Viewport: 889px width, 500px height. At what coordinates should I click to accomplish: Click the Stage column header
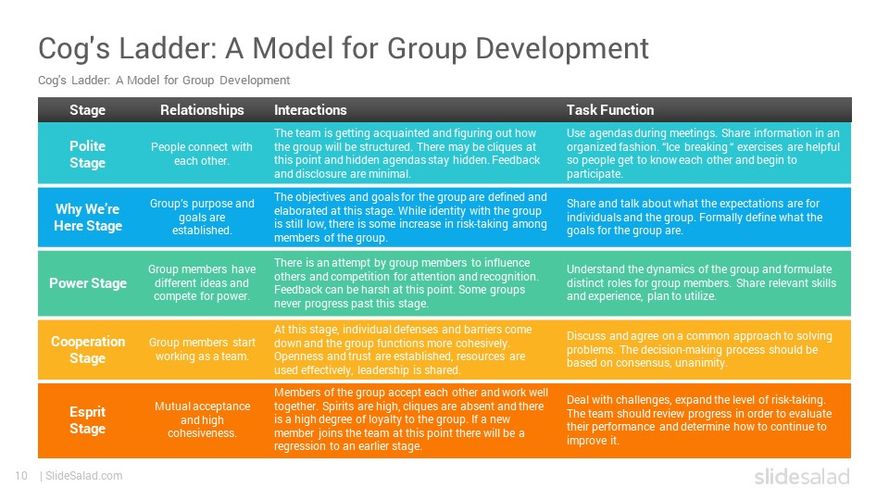click(87, 110)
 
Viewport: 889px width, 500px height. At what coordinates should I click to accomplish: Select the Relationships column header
click(202, 110)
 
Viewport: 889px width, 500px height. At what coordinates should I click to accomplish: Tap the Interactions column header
click(310, 110)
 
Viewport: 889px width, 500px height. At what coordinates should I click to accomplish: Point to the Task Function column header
click(610, 110)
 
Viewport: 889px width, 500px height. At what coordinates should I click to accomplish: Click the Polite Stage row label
click(87, 155)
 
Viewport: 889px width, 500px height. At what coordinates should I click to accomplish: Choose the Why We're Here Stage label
click(88, 217)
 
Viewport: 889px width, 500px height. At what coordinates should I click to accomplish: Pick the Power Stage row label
click(88, 283)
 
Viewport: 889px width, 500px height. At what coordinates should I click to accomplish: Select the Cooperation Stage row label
click(88, 350)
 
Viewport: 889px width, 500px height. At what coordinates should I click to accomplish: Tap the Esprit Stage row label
click(87, 420)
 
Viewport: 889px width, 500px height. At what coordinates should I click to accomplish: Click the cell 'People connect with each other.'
click(202, 154)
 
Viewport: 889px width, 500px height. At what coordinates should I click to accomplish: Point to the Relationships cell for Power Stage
click(202, 282)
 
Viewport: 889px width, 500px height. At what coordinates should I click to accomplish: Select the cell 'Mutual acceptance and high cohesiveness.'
click(203, 419)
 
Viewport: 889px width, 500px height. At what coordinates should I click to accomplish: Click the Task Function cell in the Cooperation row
click(699, 349)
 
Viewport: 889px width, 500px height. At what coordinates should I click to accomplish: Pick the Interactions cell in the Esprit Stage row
click(411, 419)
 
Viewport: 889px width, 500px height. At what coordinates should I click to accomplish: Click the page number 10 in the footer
click(21, 476)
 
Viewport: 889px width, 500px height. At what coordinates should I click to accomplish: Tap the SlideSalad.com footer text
click(84, 476)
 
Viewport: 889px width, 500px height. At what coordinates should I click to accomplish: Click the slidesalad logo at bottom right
click(802, 477)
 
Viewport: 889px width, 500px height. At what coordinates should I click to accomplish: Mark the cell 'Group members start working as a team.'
click(202, 349)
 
